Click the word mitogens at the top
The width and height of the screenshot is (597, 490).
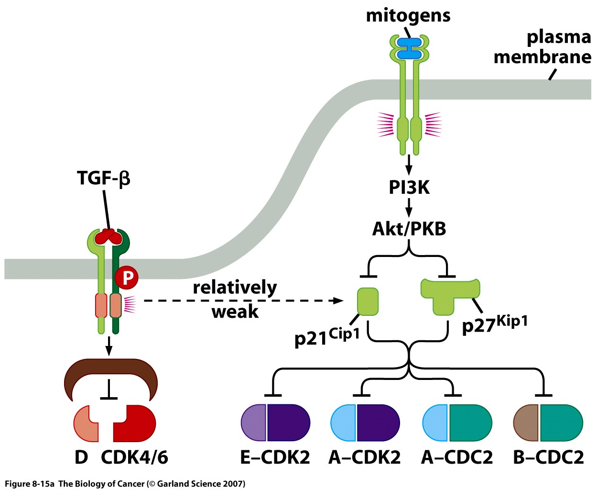point(408,15)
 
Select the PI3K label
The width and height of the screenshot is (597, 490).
point(409,187)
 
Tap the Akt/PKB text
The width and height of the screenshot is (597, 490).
point(409,229)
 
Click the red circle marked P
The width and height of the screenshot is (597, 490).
point(127,278)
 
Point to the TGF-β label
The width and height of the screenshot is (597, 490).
point(104,178)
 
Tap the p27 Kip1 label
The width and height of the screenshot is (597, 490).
point(495,324)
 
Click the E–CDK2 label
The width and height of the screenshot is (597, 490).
point(275,457)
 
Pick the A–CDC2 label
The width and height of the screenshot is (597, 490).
point(456,457)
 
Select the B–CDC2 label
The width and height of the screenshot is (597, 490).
point(548,457)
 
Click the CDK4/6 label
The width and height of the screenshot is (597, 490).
point(134,457)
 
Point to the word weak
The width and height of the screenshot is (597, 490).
point(235,312)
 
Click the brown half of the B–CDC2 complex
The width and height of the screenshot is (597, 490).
point(526,423)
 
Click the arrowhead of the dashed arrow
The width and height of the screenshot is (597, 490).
point(338,301)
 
